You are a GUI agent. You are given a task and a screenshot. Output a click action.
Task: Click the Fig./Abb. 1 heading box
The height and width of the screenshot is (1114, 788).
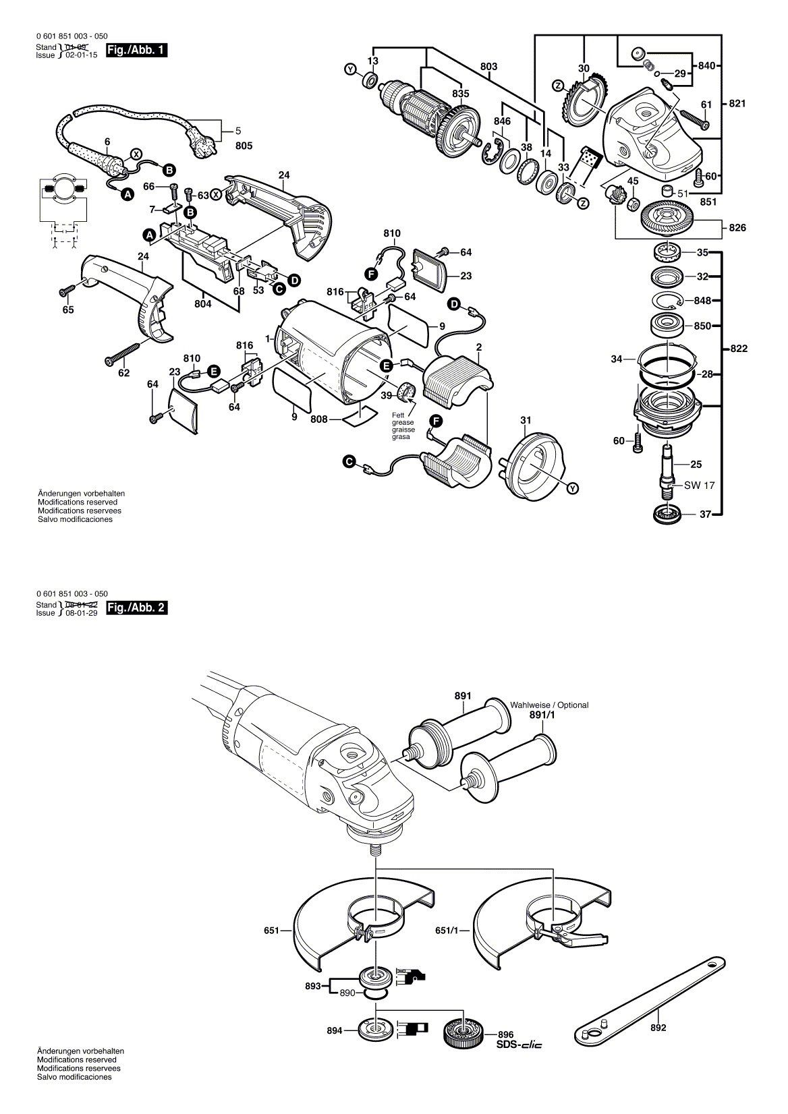pos(137,51)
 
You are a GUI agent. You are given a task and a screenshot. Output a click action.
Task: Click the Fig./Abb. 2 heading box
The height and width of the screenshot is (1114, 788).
pos(137,607)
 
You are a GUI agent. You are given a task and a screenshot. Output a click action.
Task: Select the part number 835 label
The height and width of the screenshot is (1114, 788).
pos(460,94)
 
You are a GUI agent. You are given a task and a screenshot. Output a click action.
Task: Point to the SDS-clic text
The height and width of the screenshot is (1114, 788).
pos(519,1045)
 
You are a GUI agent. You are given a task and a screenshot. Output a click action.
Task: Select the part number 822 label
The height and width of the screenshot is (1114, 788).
pos(738,349)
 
